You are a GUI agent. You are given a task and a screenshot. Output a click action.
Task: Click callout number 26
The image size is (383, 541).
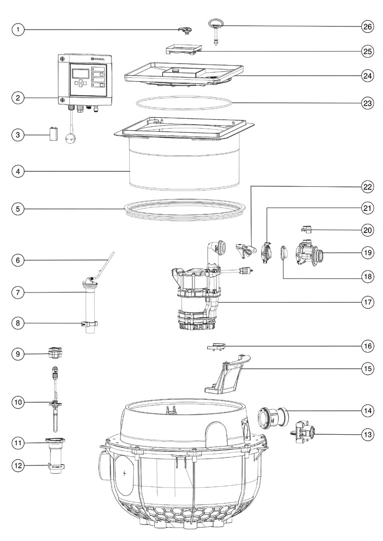pos(368,26)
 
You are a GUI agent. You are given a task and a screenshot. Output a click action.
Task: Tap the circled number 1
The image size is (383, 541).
pos(18,30)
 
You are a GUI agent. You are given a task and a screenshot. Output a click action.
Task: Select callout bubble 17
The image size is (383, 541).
pos(368,302)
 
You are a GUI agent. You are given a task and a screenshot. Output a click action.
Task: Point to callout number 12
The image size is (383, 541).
pos(18,465)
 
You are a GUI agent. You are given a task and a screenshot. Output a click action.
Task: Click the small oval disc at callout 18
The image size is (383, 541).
pos(283,252)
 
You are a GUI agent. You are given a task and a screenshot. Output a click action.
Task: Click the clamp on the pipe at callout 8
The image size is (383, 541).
pos(89,324)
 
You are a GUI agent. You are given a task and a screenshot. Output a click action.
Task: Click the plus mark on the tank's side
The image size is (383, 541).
pos(124,473)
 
